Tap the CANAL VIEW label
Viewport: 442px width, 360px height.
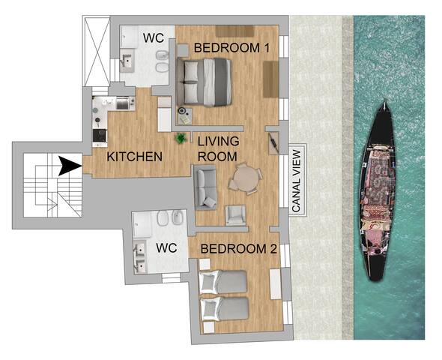[x=296, y=179]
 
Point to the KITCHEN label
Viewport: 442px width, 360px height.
[x=135, y=157]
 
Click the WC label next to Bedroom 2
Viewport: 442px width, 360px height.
[x=166, y=247]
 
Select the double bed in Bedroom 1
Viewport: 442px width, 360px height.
[x=207, y=81]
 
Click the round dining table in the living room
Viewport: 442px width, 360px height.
[x=246, y=180]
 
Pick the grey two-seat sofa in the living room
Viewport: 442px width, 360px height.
[x=205, y=187]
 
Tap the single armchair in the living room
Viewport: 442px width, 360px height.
[x=236, y=214]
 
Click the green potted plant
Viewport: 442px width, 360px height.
[x=181, y=138]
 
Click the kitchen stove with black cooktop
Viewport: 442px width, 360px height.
[x=99, y=136]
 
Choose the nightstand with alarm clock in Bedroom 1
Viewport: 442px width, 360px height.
[x=184, y=115]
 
